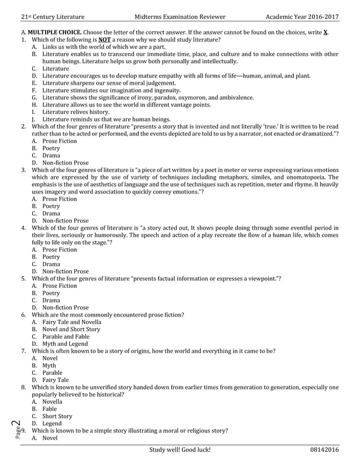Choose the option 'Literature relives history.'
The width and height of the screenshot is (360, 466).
click(x=78, y=112)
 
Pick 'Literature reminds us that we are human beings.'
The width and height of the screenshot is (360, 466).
click(x=106, y=119)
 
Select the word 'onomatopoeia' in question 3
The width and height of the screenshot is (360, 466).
click(x=308, y=177)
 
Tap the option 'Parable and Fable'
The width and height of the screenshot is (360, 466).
click(x=66, y=336)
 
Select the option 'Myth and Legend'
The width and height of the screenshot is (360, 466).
click(x=65, y=344)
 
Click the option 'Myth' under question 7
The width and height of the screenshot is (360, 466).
click(x=49, y=366)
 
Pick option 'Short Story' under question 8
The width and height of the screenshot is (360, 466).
click(x=57, y=416)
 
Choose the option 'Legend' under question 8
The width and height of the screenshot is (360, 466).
click(x=52, y=424)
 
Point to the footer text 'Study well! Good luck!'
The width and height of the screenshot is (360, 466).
click(x=180, y=450)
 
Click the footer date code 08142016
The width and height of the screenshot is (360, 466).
click(x=324, y=450)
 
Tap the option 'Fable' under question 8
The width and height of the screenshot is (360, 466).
click(x=50, y=409)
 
